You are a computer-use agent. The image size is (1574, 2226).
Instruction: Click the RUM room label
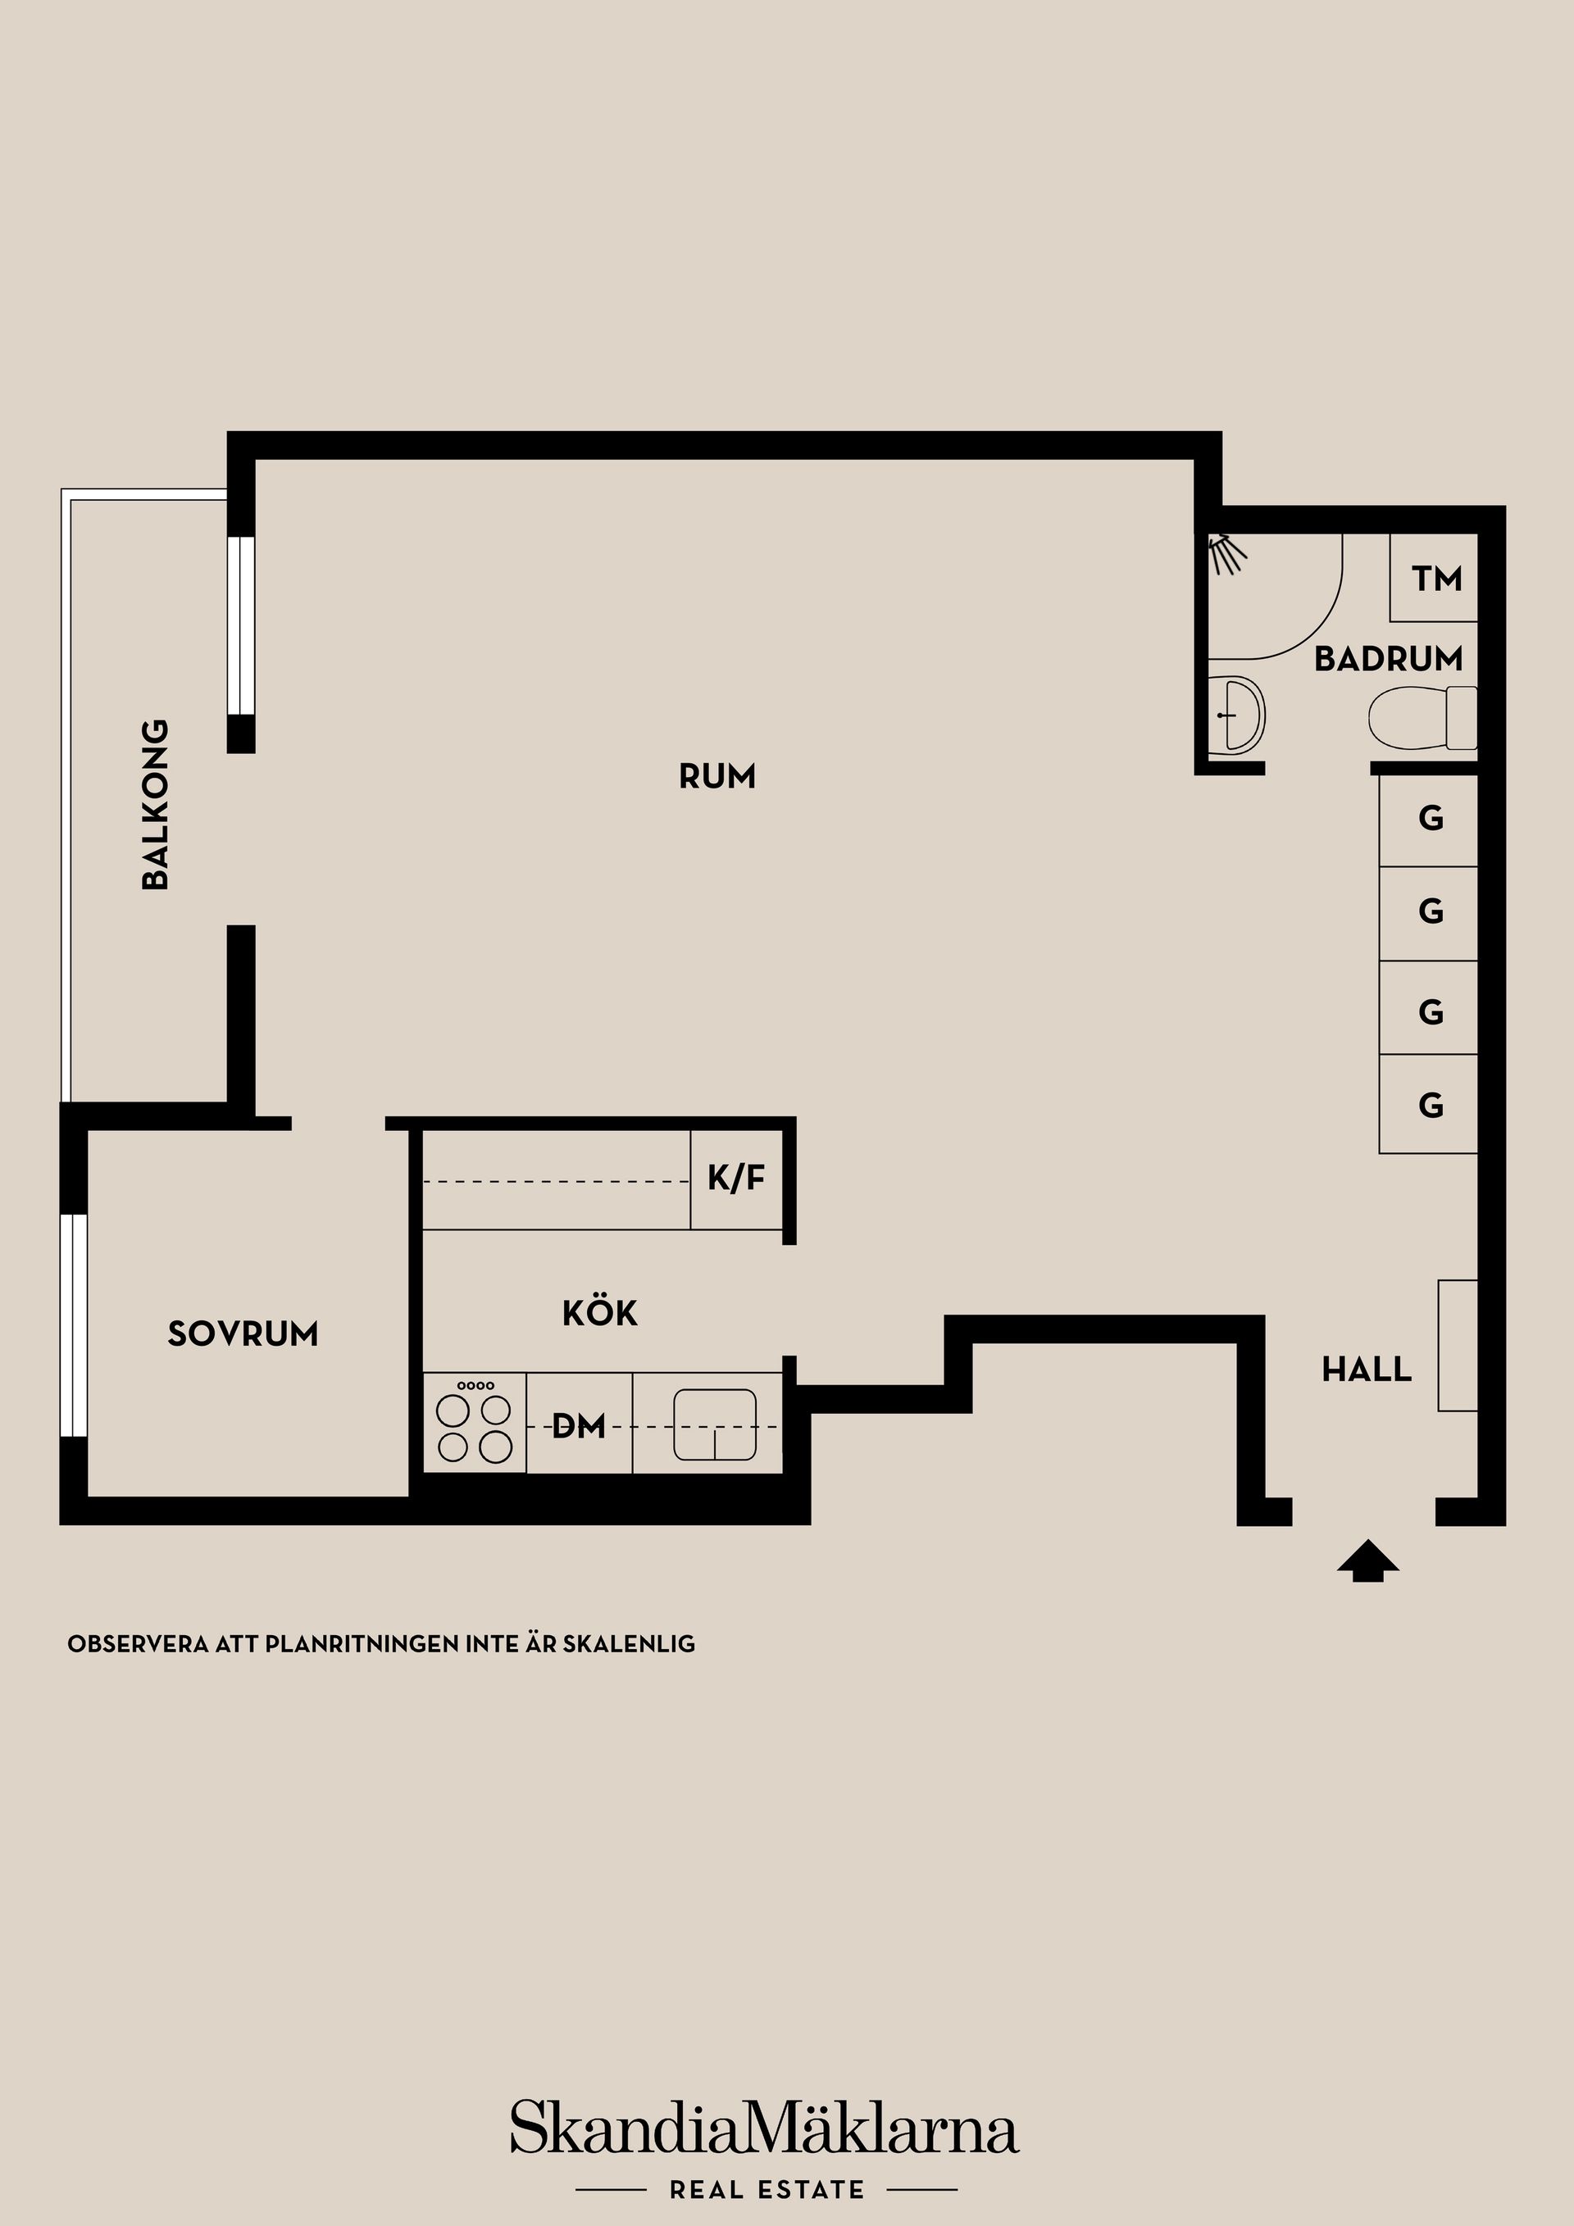(x=716, y=777)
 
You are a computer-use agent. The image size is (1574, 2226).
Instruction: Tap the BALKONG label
(x=155, y=804)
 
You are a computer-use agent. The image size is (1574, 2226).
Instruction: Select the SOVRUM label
(x=243, y=1334)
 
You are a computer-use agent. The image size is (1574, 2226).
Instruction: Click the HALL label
(x=1367, y=1370)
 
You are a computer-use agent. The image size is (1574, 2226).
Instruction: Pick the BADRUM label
(x=1388, y=659)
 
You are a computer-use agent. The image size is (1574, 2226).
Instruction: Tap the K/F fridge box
(x=736, y=1179)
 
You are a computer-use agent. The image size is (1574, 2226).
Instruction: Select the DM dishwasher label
(x=579, y=1426)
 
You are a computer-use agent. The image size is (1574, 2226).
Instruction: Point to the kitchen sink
(x=715, y=1425)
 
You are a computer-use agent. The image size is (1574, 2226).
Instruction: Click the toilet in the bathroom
(x=1422, y=719)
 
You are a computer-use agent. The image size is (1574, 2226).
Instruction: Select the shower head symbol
(x=1225, y=552)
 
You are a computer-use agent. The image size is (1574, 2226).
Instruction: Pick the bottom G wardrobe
(x=1429, y=1106)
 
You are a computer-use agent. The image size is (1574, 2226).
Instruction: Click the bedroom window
(x=75, y=1324)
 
